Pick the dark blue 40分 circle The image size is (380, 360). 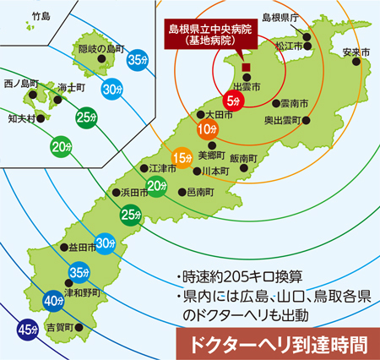coord(52,299)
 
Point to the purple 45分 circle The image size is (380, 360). coord(26,329)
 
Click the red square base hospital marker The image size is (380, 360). coord(246,68)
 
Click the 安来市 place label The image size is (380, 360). coord(356,52)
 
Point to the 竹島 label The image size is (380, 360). coord(41,16)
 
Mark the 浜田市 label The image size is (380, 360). coord(136,192)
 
